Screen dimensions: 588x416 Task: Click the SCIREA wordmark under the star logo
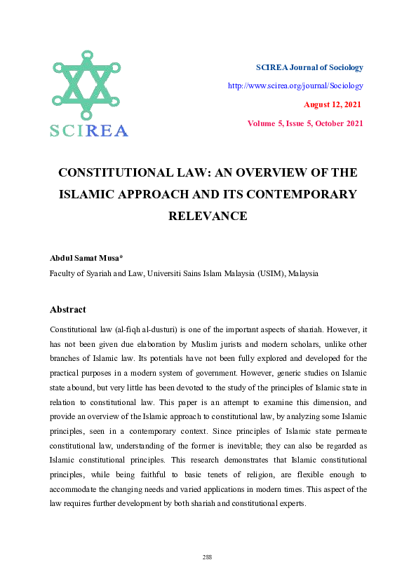(88, 130)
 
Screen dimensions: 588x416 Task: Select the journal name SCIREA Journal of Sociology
(309, 67)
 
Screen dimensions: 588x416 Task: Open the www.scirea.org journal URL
(295, 86)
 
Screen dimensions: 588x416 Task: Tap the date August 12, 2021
(333, 104)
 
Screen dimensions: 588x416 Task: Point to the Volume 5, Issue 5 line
(305, 123)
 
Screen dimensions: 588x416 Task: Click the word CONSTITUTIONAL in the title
(115, 172)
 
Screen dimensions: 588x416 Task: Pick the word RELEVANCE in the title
(208, 216)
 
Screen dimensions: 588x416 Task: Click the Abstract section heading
(67, 309)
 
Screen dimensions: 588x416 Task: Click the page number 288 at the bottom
(207, 557)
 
